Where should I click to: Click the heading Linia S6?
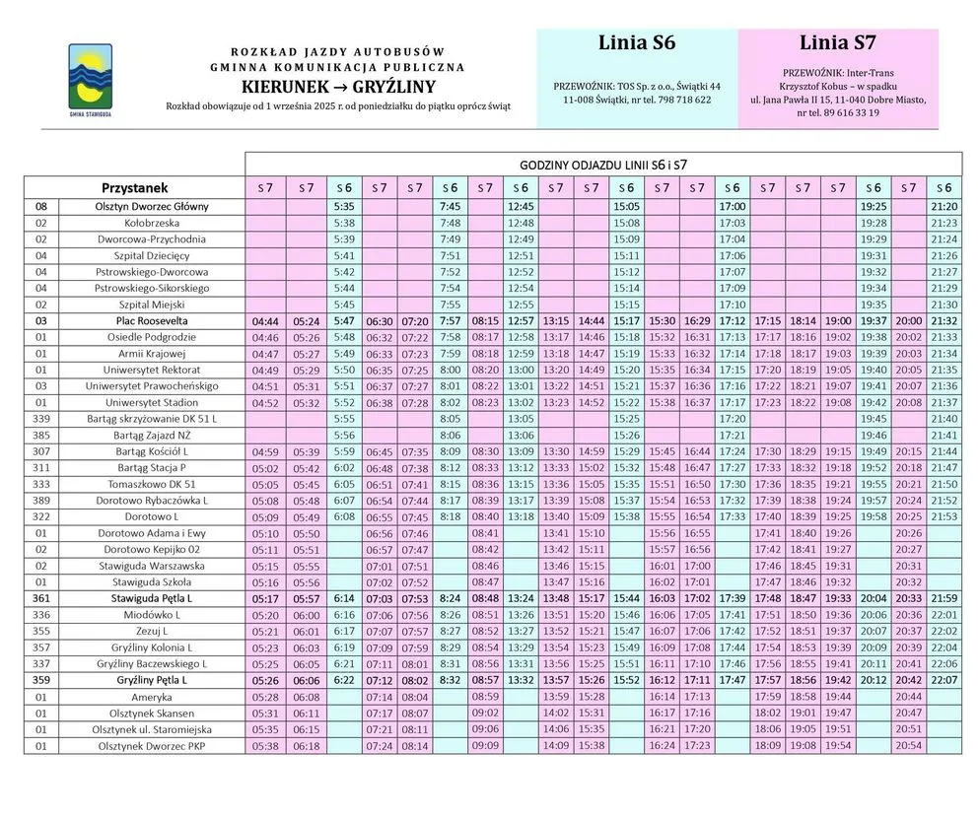click(636, 43)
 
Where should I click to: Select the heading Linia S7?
click(838, 43)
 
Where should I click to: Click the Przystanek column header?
click(135, 187)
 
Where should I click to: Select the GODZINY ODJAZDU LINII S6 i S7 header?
click(602, 164)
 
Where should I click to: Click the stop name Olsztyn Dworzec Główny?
click(152, 207)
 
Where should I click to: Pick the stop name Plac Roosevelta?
click(152, 320)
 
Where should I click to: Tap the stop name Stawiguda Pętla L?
click(152, 598)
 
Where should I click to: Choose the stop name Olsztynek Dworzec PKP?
click(152, 745)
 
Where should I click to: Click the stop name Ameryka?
click(152, 696)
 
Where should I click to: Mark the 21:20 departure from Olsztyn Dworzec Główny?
click(944, 207)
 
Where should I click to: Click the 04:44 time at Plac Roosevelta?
click(265, 321)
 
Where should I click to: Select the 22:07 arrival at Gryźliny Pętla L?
click(944, 680)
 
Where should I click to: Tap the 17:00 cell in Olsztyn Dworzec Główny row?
click(732, 207)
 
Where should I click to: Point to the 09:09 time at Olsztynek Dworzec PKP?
click(485, 745)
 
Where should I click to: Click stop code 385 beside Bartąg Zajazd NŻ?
click(41, 435)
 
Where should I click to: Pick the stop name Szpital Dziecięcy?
click(152, 255)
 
